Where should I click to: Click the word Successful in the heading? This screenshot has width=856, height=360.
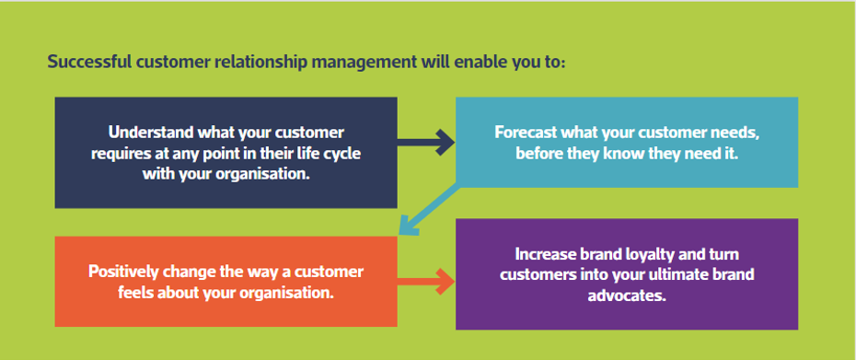(x=87, y=62)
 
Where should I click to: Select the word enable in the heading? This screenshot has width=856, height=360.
(x=474, y=62)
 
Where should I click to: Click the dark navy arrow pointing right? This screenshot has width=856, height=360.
(x=426, y=144)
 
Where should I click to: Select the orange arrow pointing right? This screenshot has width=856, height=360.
(x=426, y=283)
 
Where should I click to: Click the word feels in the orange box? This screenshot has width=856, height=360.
(x=135, y=292)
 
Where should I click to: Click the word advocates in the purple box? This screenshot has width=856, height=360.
(x=627, y=296)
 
